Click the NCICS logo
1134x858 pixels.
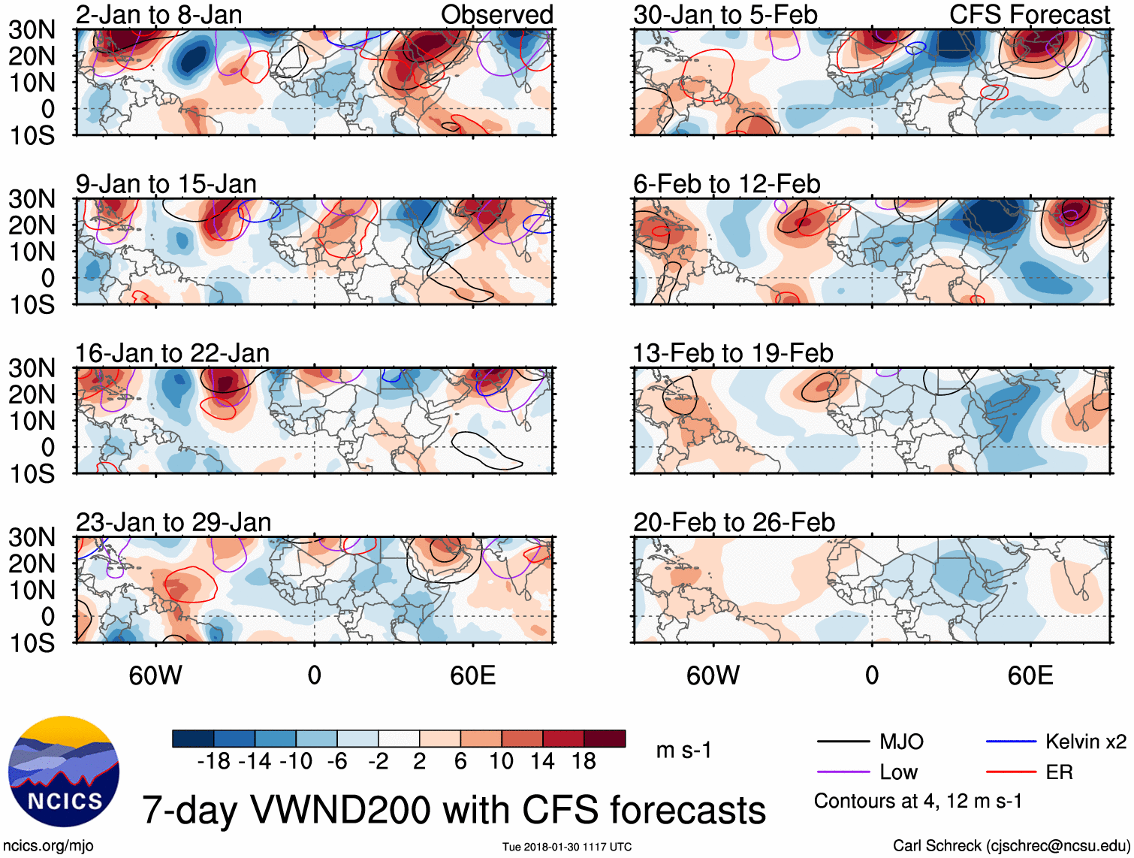(x=64, y=772)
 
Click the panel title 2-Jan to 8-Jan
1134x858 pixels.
(x=158, y=14)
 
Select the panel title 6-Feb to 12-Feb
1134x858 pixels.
(x=726, y=184)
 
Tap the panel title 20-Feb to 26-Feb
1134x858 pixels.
(x=734, y=522)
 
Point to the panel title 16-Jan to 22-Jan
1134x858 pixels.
(x=172, y=353)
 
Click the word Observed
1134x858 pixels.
(x=496, y=14)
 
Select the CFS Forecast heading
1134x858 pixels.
(x=1029, y=14)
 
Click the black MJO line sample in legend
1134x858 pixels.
(x=843, y=742)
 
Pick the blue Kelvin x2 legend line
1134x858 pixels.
(x=1011, y=742)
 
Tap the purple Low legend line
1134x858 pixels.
(x=843, y=772)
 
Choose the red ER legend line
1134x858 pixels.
(x=1011, y=772)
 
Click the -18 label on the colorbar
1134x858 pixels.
(x=214, y=762)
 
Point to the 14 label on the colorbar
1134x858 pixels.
(x=542, y=762)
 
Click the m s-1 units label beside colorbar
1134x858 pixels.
(x=683, y=751)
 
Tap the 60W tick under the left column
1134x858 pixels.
(x=155, y=675)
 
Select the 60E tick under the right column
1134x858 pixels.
(x=1030, y=675)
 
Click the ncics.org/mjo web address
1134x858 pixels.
(x=48, y=846)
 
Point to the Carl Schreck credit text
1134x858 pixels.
(x=1011, y=846)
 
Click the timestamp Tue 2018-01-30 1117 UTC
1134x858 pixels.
(x=567, y=847)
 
